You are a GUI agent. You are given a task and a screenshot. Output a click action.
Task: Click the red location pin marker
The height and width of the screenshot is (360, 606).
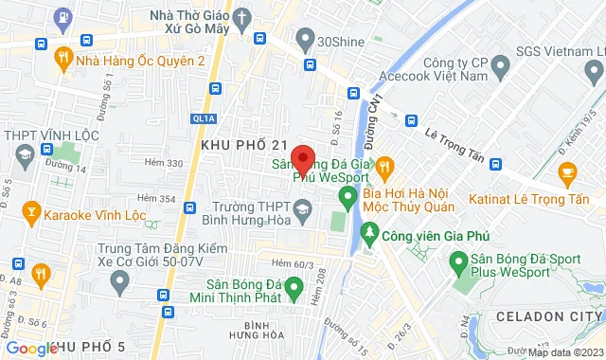tap(303, 157)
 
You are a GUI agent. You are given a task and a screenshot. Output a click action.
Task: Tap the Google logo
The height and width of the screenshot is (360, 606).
tap(30, 349)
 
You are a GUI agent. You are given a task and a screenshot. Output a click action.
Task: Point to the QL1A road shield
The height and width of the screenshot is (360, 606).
tap(204, 118)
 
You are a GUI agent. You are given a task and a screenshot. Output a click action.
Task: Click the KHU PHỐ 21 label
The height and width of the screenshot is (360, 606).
tap(243, 143)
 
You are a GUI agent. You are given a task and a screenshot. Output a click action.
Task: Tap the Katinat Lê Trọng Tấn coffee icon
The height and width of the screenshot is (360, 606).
tap(568, 171)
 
